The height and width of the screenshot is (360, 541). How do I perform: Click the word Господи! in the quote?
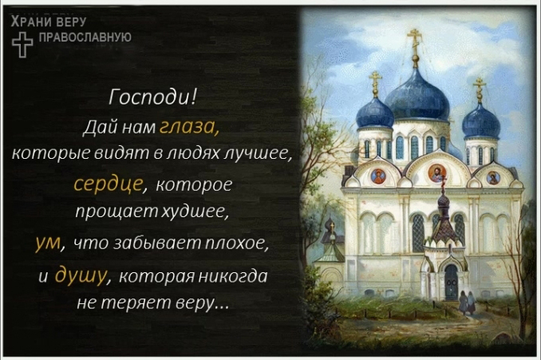(152, 97)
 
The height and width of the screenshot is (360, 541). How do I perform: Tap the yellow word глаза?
(189, 127)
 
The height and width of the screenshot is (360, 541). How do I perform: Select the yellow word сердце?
(109, 184)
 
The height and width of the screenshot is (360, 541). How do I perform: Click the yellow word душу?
(81, 275)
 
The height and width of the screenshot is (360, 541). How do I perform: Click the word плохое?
(237, 243)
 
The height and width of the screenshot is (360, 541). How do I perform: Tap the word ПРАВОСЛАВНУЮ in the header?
(85, 38)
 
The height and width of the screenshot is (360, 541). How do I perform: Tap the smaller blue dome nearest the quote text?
(375, 113)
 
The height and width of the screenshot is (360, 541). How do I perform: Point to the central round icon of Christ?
(436, 172)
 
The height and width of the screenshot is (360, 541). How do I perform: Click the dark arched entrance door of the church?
(451, 282)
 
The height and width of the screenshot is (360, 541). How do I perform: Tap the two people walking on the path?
(467, 302)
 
